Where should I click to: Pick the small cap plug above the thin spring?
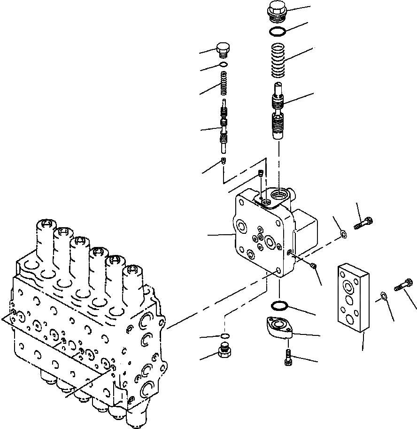tap(223, 49)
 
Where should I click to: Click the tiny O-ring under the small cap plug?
tap(223, 65)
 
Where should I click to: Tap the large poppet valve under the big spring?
tap(280, 113)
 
